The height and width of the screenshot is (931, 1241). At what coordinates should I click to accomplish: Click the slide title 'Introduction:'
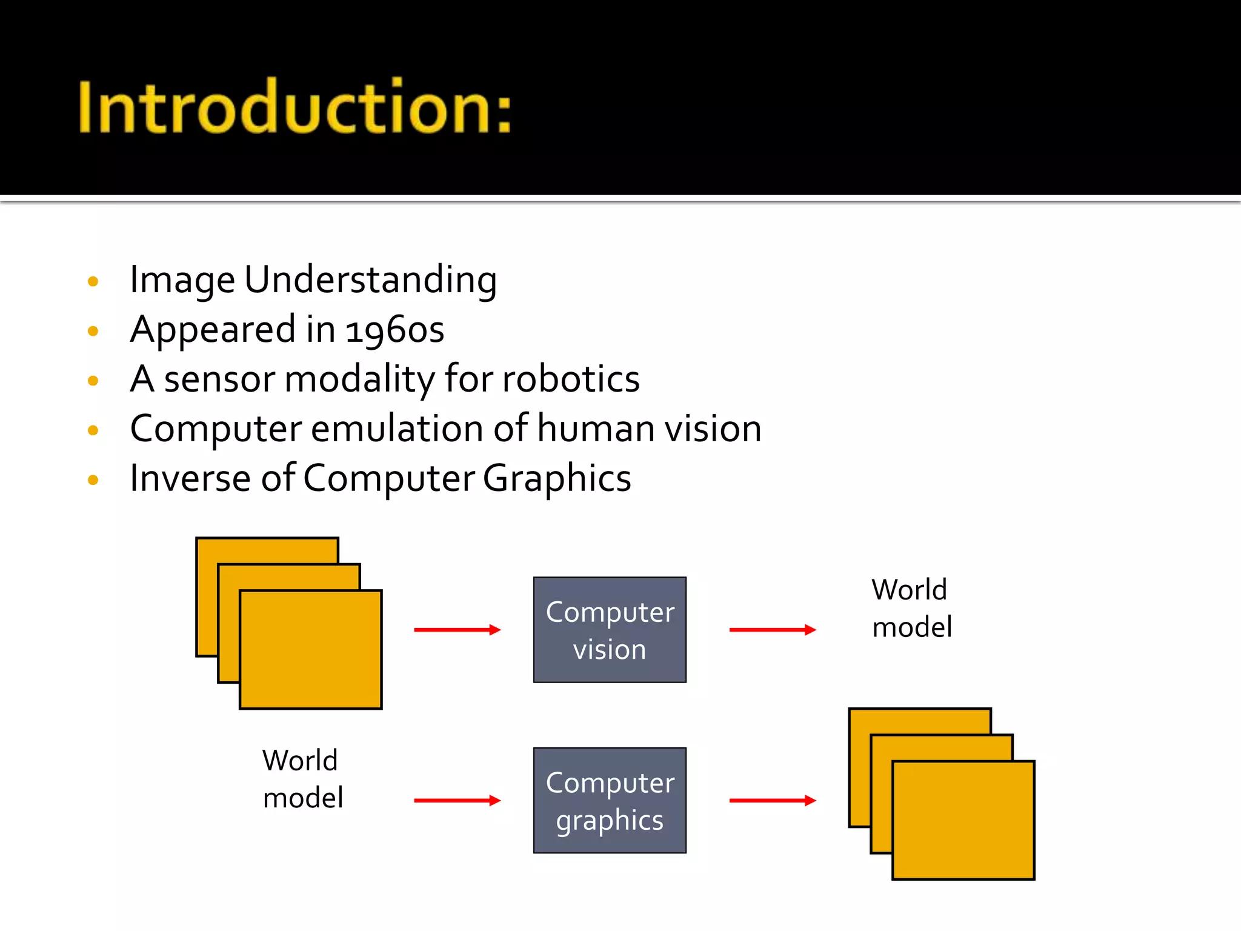(x=294, y=107)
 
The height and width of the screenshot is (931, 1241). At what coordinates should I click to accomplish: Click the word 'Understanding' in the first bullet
(x=370, y=281)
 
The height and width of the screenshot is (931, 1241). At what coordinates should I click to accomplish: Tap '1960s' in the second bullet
(x=395, y=330)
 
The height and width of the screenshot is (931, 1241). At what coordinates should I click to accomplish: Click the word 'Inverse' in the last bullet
(x=190, y=479)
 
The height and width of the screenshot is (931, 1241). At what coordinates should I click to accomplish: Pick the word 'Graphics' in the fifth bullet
(x=557, y=479)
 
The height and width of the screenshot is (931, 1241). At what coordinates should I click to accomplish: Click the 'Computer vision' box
(x=610, y=630)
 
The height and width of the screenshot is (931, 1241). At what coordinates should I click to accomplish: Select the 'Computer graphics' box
(x=610, y=800)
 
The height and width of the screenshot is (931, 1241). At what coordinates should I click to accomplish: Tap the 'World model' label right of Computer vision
(x=911, y=608)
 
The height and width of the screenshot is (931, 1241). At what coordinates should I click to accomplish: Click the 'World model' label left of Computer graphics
(x=302, y=779)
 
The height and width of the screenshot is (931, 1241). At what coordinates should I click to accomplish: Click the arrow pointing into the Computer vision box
(x=457, y=630)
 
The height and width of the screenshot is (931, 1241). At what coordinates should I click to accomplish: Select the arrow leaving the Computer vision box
(x=772, y=630)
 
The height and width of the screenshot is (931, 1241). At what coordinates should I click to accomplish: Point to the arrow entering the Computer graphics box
(x=457, y=801)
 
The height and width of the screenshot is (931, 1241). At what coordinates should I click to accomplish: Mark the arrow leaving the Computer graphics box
(x=772, y=801)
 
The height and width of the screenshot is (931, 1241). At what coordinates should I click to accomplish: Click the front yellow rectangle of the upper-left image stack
(x=311, y=650)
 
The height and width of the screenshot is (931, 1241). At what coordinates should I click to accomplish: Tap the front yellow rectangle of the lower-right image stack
(x=963, y=820)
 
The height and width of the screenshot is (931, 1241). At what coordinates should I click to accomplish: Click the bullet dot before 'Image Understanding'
(x=93, y=281)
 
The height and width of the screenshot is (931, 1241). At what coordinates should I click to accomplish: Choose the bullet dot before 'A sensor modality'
(x=93, y=381)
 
